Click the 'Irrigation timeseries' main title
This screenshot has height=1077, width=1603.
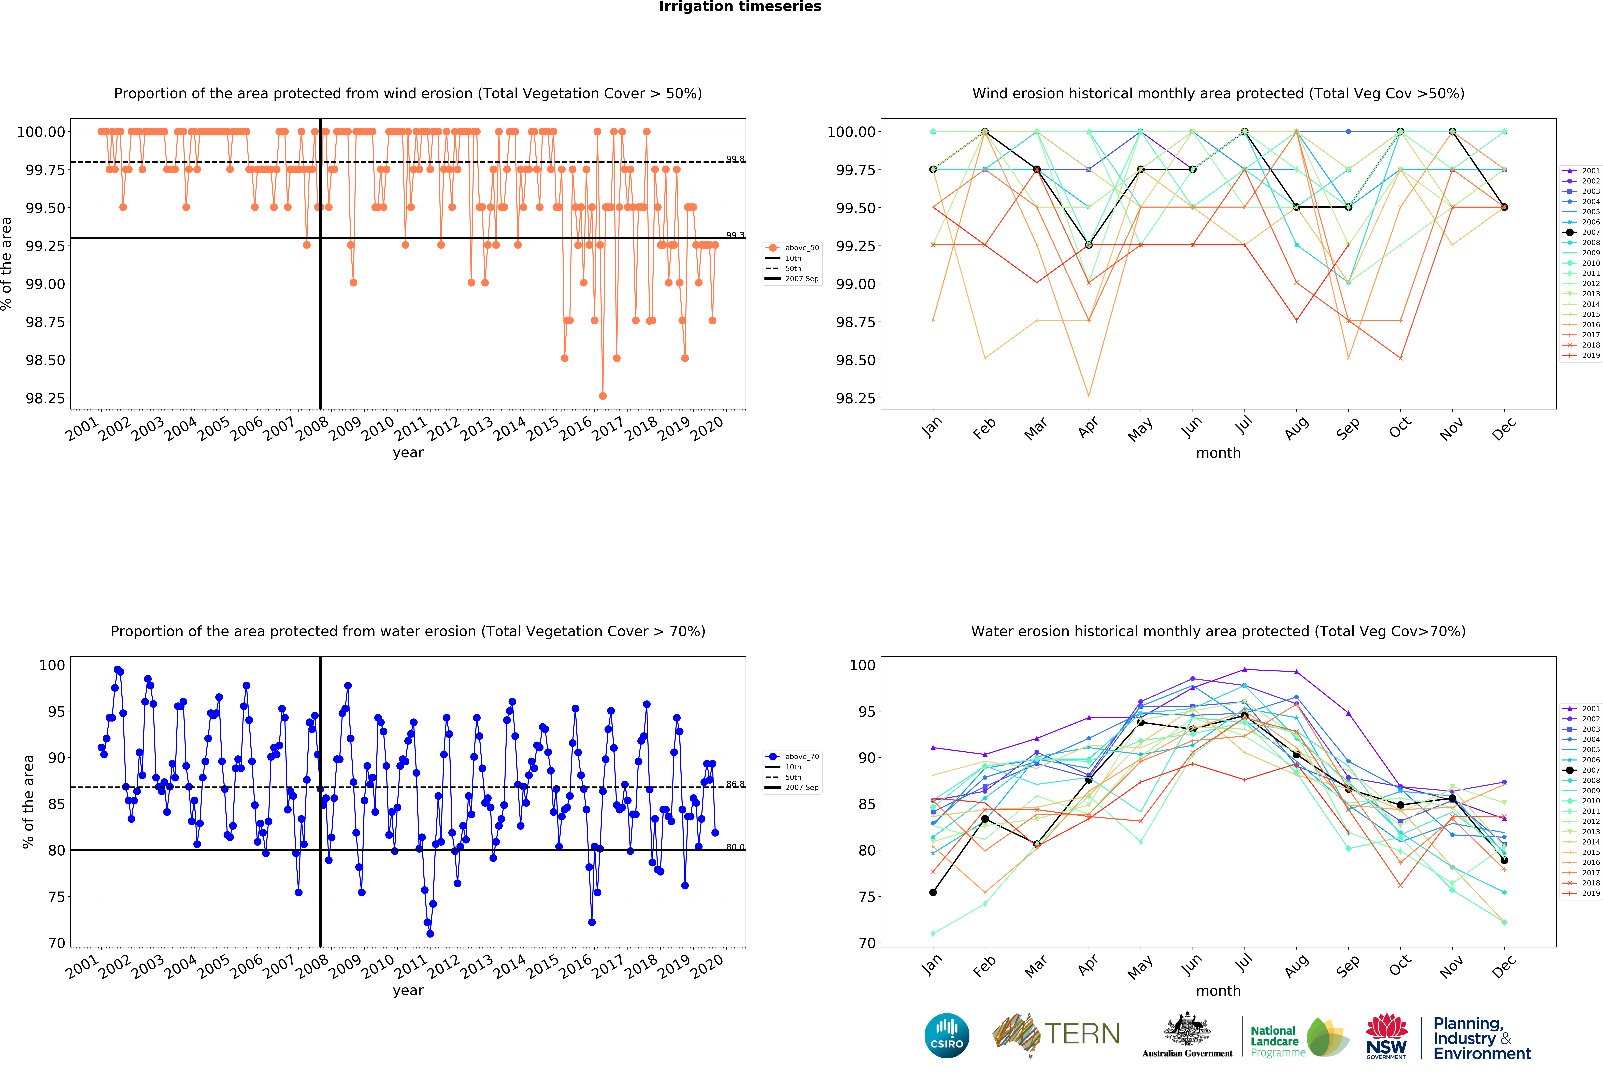pos(740,7)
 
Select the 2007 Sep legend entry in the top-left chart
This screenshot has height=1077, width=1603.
pos(801,279)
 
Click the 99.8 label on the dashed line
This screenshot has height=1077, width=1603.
pos(735,159)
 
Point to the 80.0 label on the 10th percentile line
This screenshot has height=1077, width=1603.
pos(735,847)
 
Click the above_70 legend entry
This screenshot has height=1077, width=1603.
pos(801,756)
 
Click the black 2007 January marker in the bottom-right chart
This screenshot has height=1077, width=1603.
pos(933,892)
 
